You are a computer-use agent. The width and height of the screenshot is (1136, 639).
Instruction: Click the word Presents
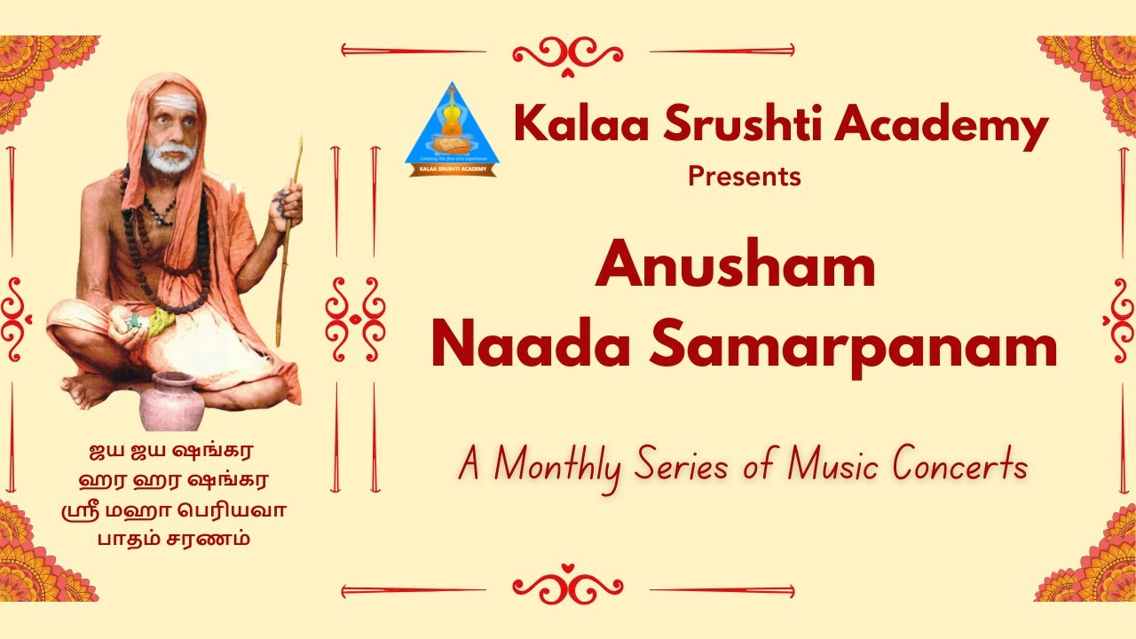click(x=744, y=177)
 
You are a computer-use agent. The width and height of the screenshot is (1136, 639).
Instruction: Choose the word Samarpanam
click(x=853, y=348)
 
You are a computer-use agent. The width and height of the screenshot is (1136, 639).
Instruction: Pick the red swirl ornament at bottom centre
click(x=568, y=588)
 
